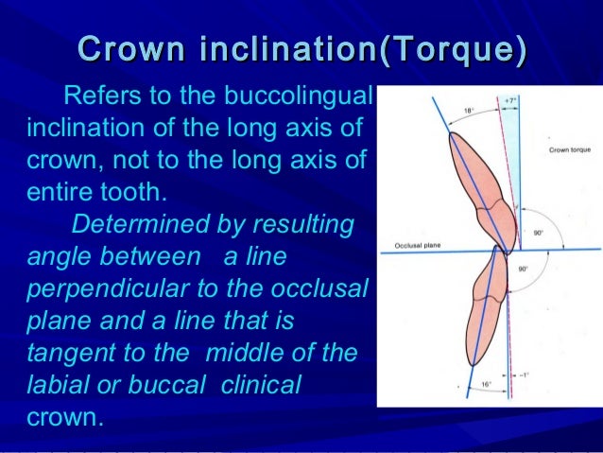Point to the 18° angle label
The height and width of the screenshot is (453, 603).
point(468,112)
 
